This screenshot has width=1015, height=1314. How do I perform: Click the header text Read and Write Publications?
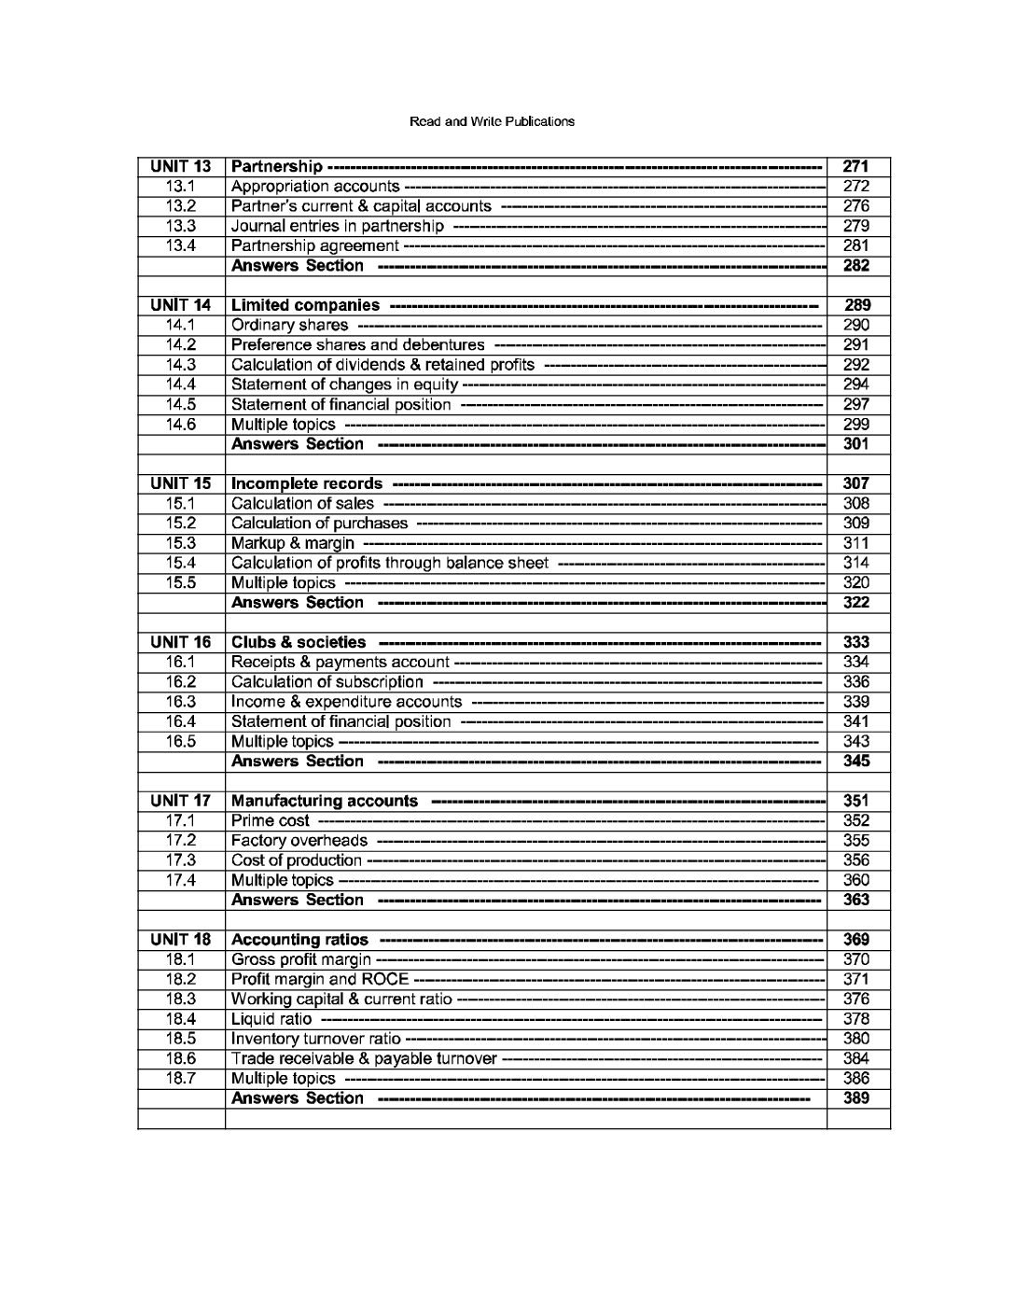tap(492, 121)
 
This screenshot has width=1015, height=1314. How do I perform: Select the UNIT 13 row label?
tap(180, 167)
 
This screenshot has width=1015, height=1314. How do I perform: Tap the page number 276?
tap(855, 206)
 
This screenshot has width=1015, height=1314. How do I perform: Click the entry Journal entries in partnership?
tap(338, 227)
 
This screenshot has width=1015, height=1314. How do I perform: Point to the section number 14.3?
tap(180, 365)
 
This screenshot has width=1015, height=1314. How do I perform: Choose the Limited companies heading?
tap(305, 305)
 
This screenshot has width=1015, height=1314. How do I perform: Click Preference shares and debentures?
tap(357, 345)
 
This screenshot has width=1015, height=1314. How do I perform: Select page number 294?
tap(855, 384)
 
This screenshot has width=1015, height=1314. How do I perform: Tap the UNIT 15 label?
tap(180, 483)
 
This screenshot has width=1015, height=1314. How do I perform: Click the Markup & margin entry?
tap(293, 543)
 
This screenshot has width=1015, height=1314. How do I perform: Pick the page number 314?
tap(855, 563)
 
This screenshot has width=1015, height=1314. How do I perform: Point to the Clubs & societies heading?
tap(299, 642)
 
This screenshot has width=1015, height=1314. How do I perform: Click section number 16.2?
tap(180, 682)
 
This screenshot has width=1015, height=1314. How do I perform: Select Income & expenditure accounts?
tap(346, 702)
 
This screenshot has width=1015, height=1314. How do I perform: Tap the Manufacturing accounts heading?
tap(324, 801)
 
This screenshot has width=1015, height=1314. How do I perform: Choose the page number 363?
tap(855, 900)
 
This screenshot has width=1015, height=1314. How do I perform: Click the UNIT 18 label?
tap(180, 940)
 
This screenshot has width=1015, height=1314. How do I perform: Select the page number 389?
tap(855, 1098)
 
